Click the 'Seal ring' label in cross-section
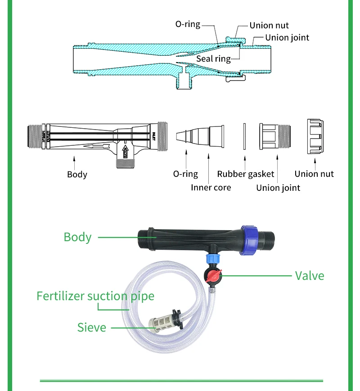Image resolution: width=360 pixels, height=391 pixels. pos(213,59)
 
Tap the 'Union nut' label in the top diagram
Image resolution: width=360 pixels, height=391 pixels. pos(269,26)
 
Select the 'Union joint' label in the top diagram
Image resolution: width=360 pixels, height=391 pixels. pos(287,38)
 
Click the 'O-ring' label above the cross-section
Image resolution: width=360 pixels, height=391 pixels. pos(188,24)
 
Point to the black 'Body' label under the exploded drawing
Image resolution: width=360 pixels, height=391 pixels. pos(77,175)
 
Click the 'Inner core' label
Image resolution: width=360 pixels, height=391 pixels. pos(211,187)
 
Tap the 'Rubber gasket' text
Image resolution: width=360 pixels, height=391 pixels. pos(246,174)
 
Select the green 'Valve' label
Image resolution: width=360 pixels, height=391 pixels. pos(309,275)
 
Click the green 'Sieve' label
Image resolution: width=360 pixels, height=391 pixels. pos(92,327)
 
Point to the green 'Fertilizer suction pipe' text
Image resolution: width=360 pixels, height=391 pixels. pos(95,296)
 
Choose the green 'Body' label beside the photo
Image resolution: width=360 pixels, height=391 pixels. pos(77,237)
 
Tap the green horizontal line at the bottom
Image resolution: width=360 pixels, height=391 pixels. pos(181,381)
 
